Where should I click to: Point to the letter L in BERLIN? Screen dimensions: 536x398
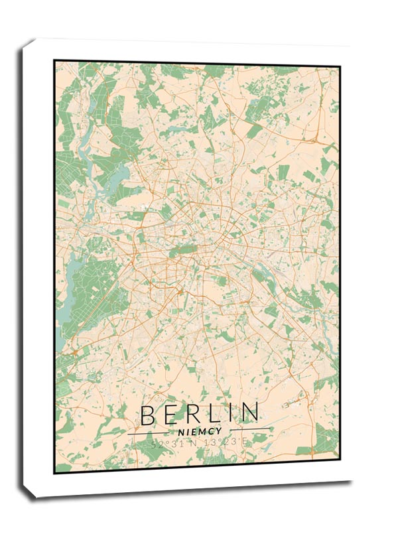point(214,414)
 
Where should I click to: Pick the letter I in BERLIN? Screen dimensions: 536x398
point(231,414)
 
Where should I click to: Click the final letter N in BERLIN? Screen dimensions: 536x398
point(249,414)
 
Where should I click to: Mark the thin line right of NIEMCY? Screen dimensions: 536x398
point(250,429)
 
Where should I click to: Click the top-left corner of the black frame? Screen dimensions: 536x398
point(55,60)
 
